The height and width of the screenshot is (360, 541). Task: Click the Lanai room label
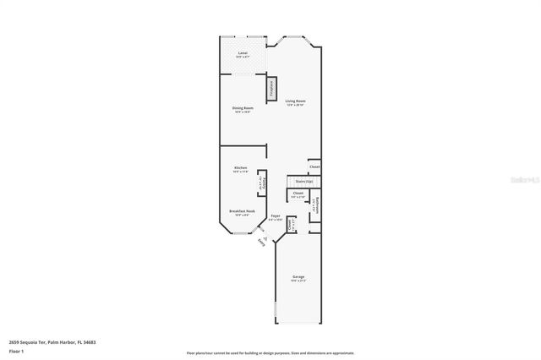[x=243, y=54]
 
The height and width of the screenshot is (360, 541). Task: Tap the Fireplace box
[x=272, y=89]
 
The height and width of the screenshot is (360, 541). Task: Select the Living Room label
[x=295, y=101]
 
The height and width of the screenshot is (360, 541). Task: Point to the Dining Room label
[x=243, y=108]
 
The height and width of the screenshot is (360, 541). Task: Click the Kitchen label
[x=241, y=168]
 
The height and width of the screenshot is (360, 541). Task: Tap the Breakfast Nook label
[x=242, y=211]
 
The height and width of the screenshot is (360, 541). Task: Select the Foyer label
[x=276, y=217]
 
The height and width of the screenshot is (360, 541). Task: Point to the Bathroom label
[x=314, y=205]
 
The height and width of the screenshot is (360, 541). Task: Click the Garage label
[x=298, y=277]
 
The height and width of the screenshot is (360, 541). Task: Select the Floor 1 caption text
[x=16, y=350]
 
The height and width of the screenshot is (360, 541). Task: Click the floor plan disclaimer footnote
[x=270, y=353]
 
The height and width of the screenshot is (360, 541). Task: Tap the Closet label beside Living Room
[x=314, y=166]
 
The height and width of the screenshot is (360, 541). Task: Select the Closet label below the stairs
[x=298, y=194]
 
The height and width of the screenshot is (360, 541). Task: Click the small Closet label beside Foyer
[x=292, y=224]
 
